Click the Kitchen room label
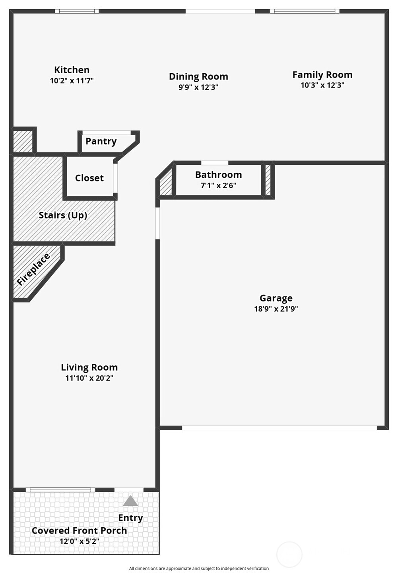(72, 70)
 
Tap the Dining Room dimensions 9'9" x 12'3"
(198, 87)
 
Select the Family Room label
(322, 75)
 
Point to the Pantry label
(101, 141)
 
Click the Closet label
(89, 178)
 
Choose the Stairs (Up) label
(63, 215)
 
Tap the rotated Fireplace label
(33, 269)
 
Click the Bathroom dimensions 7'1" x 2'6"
(218, 185)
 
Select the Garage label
(276, 298)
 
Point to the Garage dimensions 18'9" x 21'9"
(276, 309)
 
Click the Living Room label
(89, 367)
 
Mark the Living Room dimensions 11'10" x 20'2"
(89, 378)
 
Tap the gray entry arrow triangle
(130, 501)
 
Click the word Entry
(130, 518)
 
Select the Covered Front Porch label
(79, 530)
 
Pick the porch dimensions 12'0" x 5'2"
(79, 541)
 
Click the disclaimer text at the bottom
(199, 568)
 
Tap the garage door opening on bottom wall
(279, 428)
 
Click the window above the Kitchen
(77, 11)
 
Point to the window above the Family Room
(305, 11)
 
